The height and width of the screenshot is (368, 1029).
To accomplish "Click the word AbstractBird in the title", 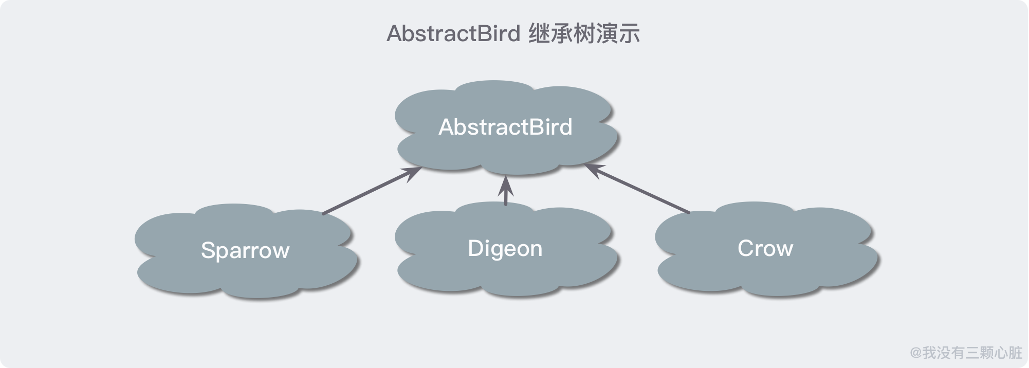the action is click(454, 34).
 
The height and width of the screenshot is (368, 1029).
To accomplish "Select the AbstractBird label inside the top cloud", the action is click(505, 127).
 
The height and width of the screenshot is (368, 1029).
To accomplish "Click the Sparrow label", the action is click(245, 251).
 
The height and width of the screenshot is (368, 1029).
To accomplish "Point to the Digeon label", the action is click(505, 249).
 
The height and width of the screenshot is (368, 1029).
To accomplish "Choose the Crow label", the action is click(765, 248).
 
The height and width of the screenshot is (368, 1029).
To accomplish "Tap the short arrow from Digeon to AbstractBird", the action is click(506, 191).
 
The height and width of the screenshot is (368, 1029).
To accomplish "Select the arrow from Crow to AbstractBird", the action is click(637, 188).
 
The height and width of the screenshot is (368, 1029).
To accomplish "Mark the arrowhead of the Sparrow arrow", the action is click(414, 173).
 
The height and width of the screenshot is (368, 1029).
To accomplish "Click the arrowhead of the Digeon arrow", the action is click(506, 183).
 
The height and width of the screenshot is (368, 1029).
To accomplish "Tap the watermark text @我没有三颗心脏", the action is click(966, 353).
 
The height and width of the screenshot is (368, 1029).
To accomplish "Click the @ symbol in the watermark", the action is click(916, 353).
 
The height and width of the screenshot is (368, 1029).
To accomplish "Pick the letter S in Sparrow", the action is click(207, 250).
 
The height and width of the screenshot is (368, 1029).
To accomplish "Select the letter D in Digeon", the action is click(475, 248).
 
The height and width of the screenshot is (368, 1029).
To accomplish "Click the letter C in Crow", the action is click(746, 248).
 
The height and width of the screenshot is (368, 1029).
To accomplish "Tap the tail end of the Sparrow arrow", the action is click(323, 213).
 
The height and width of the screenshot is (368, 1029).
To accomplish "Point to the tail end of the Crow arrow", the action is click(688, 212).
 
